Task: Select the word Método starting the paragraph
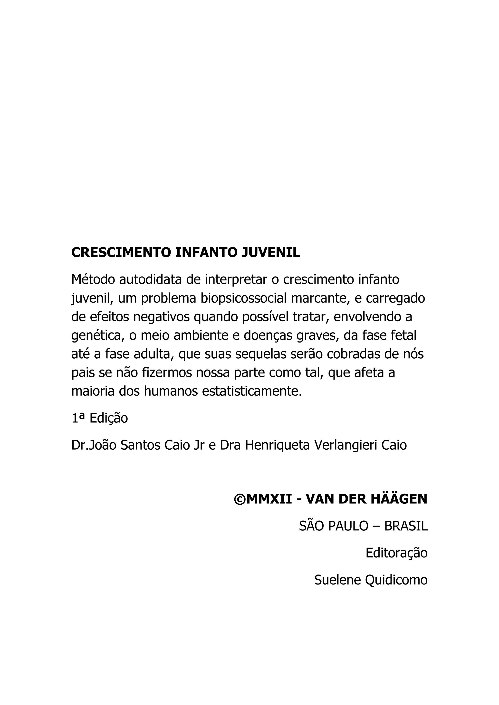93,279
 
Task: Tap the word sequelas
259,354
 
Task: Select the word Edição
108,418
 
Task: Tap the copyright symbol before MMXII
239,499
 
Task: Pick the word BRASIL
406,526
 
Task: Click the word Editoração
396,553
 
